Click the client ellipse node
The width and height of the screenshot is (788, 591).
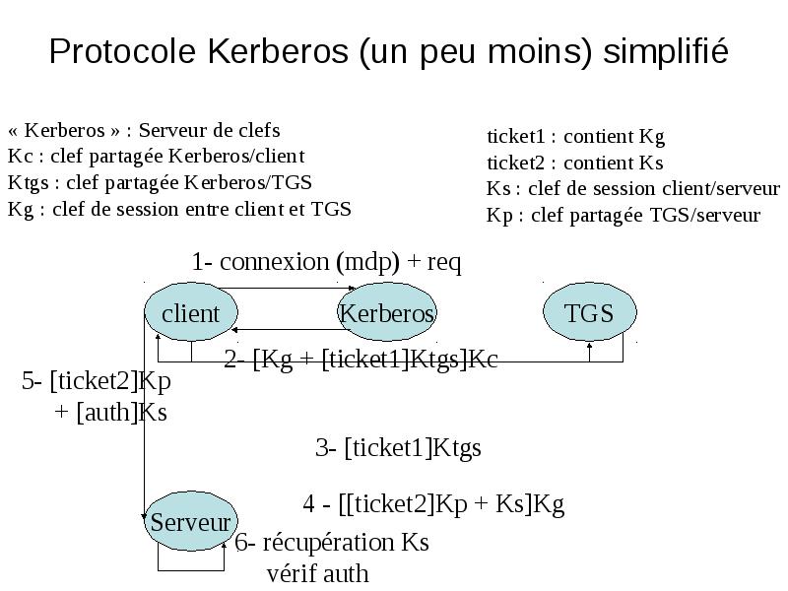pos(191,311)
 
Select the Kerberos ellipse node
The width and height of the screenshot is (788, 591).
pos(387,311)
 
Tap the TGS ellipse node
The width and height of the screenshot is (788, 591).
pos(589,311)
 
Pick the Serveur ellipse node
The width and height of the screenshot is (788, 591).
pos(191,521)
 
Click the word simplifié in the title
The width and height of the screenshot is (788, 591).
pos(666,51)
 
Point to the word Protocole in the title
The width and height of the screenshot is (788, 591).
pos(122,51)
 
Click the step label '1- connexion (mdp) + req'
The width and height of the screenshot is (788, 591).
pos(327,262)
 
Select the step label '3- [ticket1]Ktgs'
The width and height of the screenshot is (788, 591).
pos(398,448)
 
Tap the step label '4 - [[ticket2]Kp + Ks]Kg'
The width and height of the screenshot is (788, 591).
pos(433,503)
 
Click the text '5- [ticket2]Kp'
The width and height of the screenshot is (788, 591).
pos(97,381)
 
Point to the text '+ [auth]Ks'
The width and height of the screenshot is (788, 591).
pos(110,413)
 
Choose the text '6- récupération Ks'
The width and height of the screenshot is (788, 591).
pos(332,543)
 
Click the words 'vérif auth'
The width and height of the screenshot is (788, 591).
pos(317,573)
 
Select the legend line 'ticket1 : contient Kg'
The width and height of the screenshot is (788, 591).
pos(575,136)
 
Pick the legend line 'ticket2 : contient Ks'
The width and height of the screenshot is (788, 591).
pos(575,163)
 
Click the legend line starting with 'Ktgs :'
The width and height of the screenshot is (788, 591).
pos(160,182)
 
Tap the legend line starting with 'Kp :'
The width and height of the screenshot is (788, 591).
pos(624,215)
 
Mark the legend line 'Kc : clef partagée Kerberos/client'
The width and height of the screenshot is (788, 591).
pos(157,157)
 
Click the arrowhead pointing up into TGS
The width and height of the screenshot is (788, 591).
pos(589,346)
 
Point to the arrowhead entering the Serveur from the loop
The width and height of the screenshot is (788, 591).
pos(225,545)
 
